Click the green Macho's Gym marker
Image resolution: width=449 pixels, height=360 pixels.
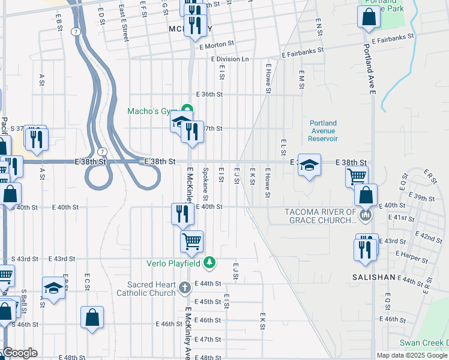tap(187, 110)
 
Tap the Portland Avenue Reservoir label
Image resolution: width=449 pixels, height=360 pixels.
tap(323, 131)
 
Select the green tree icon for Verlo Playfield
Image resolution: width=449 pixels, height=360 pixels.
tap(209, 262)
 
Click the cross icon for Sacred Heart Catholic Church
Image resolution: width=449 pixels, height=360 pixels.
tap(185, 288)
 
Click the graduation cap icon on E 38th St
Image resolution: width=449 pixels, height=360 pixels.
tap(309, 165)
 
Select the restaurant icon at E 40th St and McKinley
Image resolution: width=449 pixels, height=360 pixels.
tap(182, 214)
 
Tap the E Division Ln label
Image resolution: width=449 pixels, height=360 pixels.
tap(229, 59)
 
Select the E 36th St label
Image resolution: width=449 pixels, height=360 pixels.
tap(209, 94)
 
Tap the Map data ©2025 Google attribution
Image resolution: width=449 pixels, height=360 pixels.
tap(412, 355)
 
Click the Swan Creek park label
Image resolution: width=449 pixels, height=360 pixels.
tap(424, 343)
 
